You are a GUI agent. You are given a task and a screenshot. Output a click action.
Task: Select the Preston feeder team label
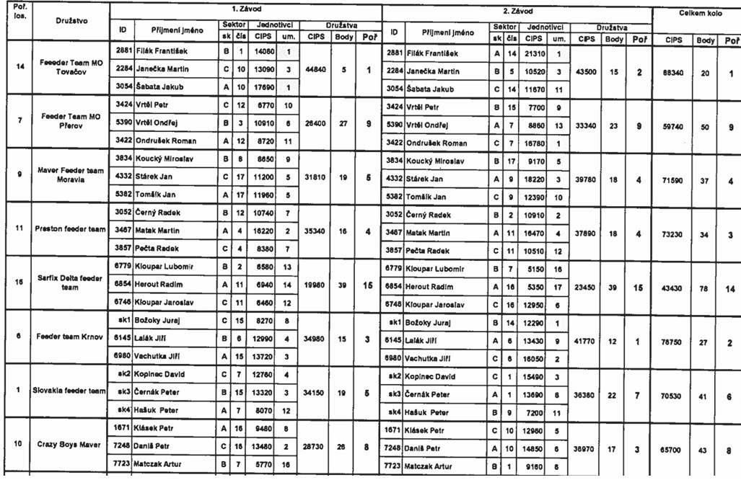coord(71,229)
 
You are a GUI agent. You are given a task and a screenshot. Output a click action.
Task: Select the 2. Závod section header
coord(517,12)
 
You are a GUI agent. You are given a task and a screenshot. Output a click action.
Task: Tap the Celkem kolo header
coord(697,13)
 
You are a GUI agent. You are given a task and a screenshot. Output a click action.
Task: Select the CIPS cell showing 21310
coord(534,53)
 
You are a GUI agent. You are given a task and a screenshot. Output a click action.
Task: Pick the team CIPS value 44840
coord(317,71)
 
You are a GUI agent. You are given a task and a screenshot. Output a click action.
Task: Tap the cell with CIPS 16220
coord(260,231)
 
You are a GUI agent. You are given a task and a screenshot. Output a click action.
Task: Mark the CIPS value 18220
coord(534,179)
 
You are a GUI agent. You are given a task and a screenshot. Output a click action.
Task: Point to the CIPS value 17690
coord(260,87)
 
